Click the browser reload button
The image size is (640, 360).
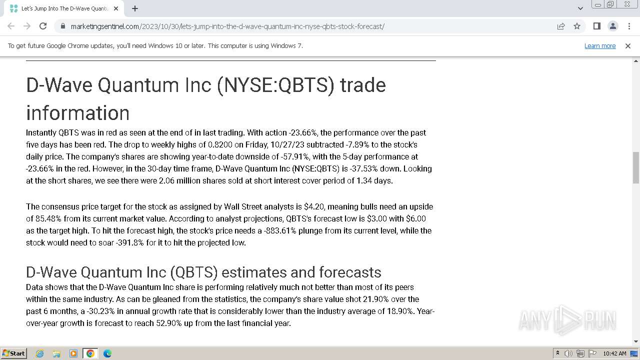(x=43, y=26)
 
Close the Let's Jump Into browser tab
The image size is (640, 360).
(x=116, y=8)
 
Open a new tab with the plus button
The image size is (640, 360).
(x=135, y=8)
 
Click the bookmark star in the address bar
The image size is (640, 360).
(x=577, y=26)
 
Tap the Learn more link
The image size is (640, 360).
(x=600, y=45)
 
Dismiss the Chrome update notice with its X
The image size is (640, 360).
(x=627, y=46)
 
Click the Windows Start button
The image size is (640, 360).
(x=13, y=353)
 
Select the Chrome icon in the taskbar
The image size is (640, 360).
(x=90, y=353)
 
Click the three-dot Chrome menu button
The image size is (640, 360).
(x=629, y=26)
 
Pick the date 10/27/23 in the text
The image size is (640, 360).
(x=287, y=144)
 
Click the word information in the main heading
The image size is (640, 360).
(x=77, y=113)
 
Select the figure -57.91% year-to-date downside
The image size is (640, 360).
(x=294, y=156)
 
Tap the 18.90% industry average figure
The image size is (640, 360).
(x=399, y=311)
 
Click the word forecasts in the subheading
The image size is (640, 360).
(x=350, y=272)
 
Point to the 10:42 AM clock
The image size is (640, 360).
(x=614, y=353)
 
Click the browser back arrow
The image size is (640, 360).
(x=11, y=26)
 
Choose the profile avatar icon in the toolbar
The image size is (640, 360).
(x=613, y=26)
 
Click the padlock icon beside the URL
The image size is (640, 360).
(x=63, y=26)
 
